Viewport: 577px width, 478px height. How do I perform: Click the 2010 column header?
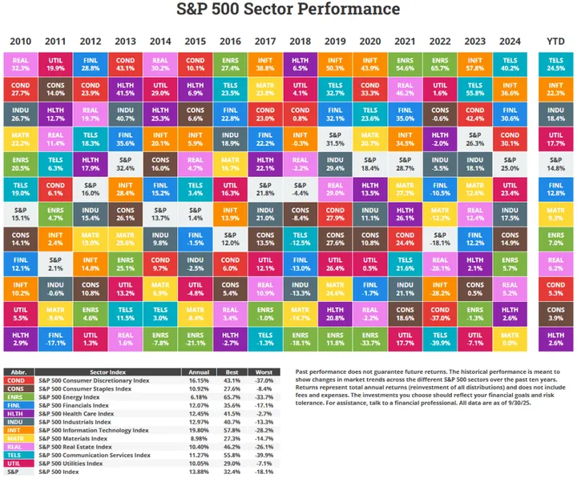tap(21, 41)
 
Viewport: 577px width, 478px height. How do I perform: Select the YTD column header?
tap(555, 41)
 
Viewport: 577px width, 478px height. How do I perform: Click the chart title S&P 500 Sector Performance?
tap(288, 10)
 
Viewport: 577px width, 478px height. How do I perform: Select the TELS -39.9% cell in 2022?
tap(441, 338)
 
